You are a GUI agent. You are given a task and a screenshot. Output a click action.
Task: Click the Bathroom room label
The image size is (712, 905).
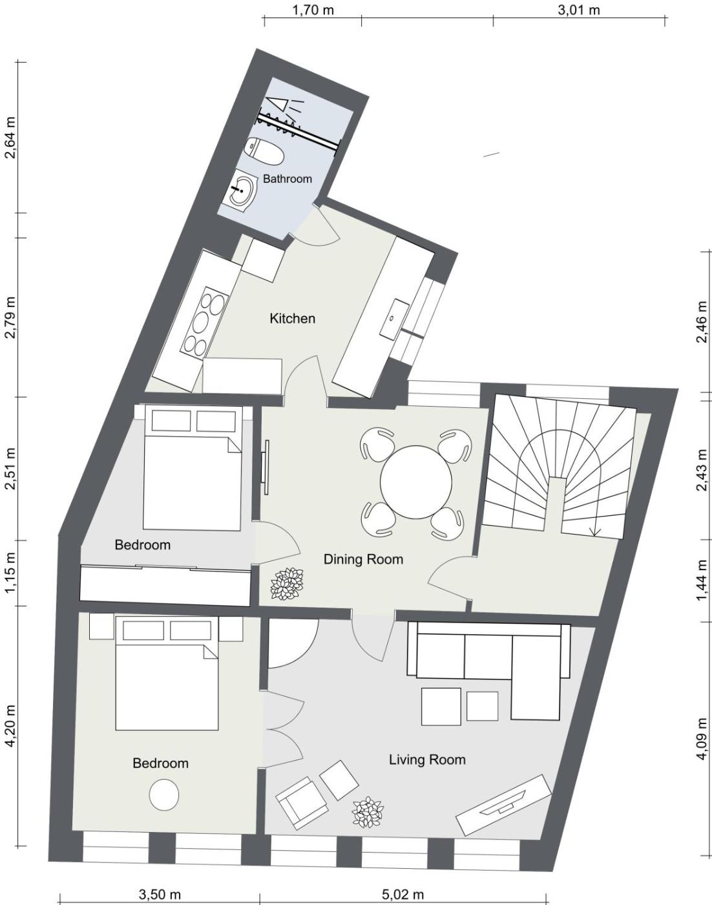288,178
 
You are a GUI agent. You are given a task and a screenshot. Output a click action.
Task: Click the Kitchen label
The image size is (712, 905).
292,318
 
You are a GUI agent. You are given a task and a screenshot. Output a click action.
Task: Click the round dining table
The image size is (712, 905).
416,483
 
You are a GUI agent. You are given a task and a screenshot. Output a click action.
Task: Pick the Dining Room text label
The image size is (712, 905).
363,559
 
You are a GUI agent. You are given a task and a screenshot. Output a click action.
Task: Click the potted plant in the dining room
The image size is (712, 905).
288,584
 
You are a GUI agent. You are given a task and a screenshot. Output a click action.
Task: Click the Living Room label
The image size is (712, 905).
427,760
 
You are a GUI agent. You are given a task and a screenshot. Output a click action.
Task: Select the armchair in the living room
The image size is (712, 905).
302,803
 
